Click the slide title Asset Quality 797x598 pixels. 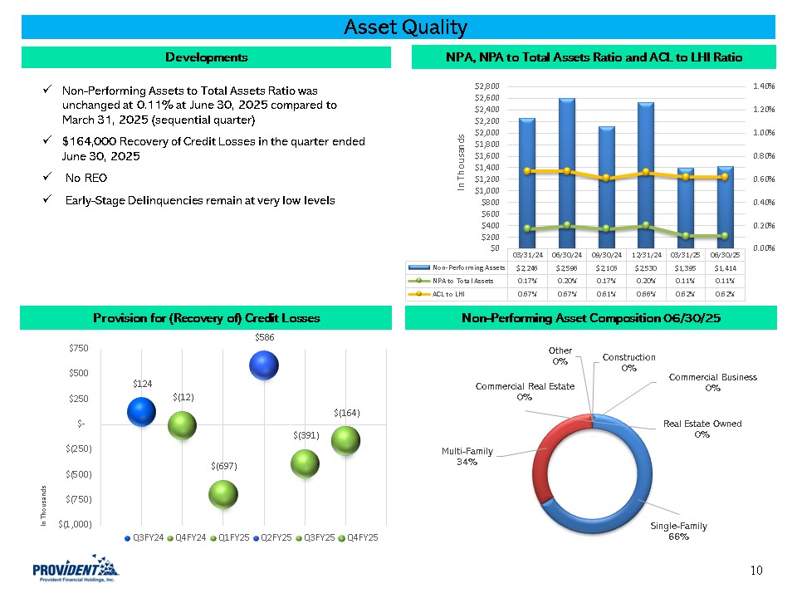tap(406, 27)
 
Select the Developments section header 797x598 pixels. tap(206, 57)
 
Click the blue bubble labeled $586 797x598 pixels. tap(263, 365)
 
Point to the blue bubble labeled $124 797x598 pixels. tap(141, 411)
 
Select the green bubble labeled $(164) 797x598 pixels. tap(345, 441)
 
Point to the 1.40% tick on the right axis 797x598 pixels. tap(764, 86)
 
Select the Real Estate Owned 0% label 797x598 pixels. tap(702, 429)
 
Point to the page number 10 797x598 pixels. tap(755, 570)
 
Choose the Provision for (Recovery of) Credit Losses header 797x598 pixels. tap(206, 318)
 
